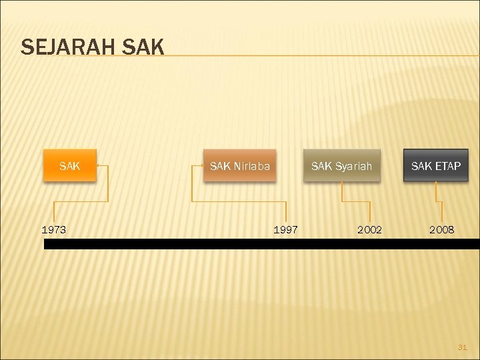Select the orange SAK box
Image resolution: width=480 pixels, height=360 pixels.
(x=69, y=165)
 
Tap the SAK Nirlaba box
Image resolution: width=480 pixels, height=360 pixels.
(x=239, y=165)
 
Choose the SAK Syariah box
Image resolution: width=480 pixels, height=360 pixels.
(x=341, y=165)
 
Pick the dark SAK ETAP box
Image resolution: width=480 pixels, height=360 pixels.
(x=435, y=165)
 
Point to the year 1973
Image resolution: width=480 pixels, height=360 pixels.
(x=54, y=230)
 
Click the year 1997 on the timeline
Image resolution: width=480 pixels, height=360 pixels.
(x=285, y=230)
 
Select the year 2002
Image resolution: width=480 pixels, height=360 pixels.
(x=369, y=230)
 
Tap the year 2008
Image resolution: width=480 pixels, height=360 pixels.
(x=441, y=230)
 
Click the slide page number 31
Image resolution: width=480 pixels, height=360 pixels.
(x=463, y=347)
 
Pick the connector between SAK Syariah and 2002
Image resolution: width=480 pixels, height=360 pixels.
(x=355, y=200)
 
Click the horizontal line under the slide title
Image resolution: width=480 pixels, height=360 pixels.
(x=320, y=55)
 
